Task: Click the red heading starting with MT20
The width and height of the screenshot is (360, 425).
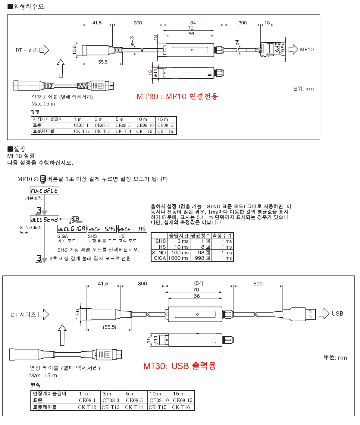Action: click(177, 96)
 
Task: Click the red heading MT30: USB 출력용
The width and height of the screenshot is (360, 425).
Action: click(180, 366)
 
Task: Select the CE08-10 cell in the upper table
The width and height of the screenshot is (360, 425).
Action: click(145, 125)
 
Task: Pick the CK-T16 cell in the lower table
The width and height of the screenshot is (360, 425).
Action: click(181, 407)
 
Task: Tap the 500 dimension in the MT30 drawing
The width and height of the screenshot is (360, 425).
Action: click(258, 284)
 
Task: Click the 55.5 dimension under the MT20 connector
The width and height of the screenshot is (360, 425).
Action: click(103, 62)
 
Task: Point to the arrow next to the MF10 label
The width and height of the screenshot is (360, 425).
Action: click(293, 49)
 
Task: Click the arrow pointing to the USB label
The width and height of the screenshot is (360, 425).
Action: click(324, 313)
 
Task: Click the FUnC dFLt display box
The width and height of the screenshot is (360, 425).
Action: click(45, 190)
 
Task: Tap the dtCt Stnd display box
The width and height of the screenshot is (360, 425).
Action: click(45, 219)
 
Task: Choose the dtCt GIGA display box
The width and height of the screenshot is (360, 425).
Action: click(72, 229)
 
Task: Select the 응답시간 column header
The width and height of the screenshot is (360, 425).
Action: click(178, 235)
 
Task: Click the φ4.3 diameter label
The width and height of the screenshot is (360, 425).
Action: click(132, 41)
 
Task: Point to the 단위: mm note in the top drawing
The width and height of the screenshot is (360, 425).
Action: click(303, 89)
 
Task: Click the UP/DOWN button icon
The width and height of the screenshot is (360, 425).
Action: click(75, 219)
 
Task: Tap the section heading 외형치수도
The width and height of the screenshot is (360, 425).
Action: click(26, 6)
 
